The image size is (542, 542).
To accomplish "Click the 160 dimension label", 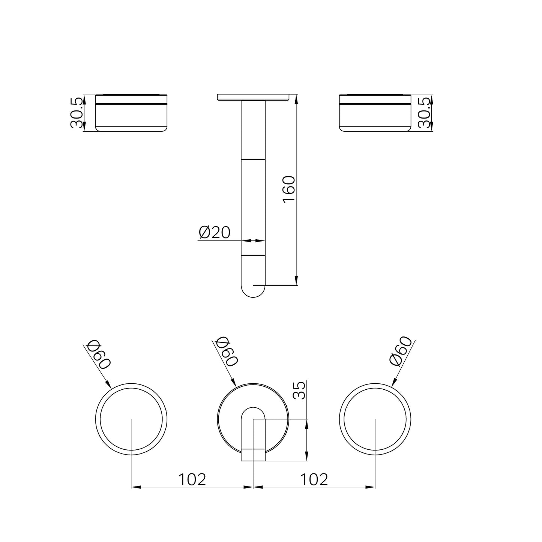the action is click(289, 189).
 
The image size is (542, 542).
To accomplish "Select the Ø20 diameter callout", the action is click(214, 232).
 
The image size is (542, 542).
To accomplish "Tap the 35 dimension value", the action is click(299, 390).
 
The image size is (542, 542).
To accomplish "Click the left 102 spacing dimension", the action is click(192, 479).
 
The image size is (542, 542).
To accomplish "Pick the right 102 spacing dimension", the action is click(314, 479).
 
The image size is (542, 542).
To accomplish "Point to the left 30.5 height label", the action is click(77, 113).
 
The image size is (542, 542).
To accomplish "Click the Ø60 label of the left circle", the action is click(99, 354).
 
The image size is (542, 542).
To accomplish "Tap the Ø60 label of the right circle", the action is click(401, 351).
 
